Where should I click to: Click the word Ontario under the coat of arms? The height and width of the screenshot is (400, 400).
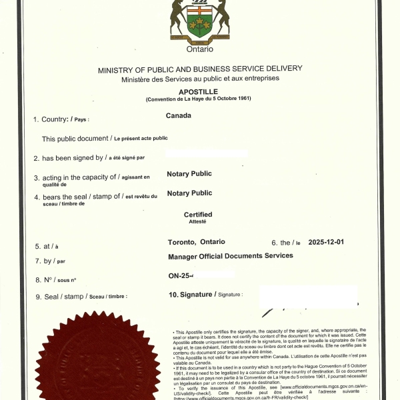tap(200, 49)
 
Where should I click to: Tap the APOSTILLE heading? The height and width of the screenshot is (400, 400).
tap(199, 91)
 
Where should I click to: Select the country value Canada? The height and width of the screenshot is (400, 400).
tap(179, 115)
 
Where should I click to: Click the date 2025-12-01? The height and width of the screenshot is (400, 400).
tap(327, 242)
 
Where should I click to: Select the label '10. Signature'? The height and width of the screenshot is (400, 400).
tap(193, 294)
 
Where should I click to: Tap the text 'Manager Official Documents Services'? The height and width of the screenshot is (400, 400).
tap(231, 256)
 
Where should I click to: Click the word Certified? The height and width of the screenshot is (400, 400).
tap(198, 215)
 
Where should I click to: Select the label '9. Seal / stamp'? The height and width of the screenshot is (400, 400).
tap(60, 296)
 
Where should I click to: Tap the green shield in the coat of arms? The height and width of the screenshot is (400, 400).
tap(199, 25)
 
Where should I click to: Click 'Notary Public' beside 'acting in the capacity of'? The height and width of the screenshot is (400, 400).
tap(189, 174)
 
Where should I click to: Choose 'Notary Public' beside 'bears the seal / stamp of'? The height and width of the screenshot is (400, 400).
tap(189, 193)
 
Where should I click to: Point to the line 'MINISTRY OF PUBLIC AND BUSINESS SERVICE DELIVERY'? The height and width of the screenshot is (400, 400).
tap(200, 69)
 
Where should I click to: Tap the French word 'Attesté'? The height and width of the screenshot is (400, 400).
tap(198, 221)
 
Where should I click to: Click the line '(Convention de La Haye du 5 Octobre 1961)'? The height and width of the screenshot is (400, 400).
tap(199, 99)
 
